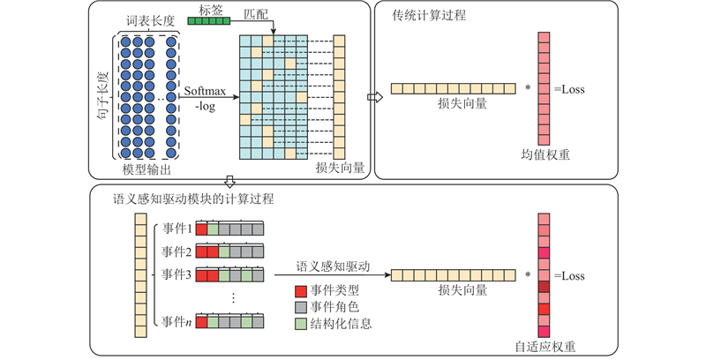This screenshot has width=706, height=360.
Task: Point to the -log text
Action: (205, 107)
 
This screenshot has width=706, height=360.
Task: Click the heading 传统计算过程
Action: (428, 16)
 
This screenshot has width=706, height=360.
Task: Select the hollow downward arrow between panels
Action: (230, 181)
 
